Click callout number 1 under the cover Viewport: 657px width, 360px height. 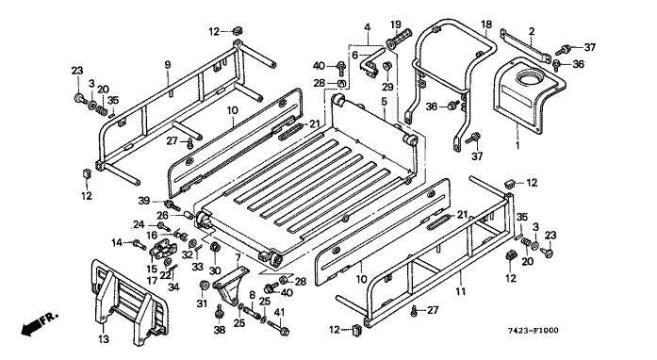[517, 145]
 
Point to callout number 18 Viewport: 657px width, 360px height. [486, 25]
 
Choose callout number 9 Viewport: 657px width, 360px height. [168, 64]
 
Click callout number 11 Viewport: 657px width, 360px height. [461, 291]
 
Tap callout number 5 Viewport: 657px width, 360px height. [385, 101]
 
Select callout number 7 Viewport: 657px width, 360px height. [238, 257]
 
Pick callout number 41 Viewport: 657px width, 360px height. [279, 311]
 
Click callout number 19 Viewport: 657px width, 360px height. [396, 25]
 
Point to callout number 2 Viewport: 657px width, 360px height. [532, 31]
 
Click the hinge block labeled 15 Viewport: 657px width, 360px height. [162, 251]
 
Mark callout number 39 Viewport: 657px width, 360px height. [144, 201]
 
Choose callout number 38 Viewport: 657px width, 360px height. [219, 330]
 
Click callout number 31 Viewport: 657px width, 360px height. [203, 303]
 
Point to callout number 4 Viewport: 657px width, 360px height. [367, 27]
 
